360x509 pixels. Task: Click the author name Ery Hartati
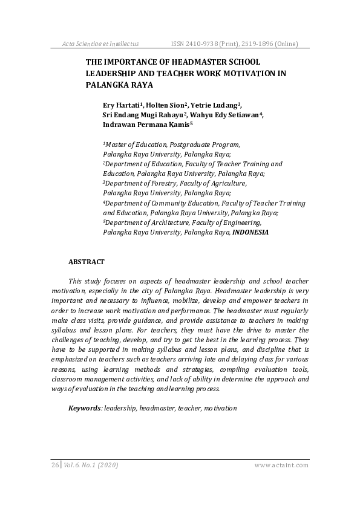[x=121, y=105]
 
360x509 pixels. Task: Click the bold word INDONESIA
[x=250, y=232]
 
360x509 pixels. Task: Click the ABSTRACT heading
[x=87, y=262]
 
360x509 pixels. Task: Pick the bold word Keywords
[x=84, y=408]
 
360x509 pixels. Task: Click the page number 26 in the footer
[x=55, y=465]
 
